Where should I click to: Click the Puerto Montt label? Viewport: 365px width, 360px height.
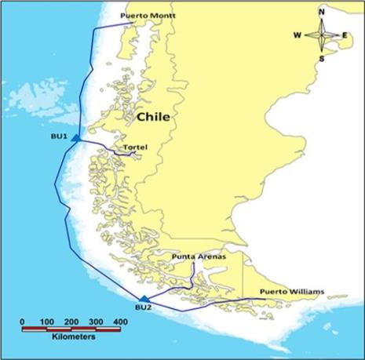(x=147, y=16)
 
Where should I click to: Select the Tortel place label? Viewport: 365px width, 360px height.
(x=136, y=146)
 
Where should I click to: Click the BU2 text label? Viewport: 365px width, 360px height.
(x=142, y=307)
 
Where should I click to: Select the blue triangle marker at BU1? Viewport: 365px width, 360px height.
(x=75, y=139)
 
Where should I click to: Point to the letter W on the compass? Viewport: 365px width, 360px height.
(x=297, y=35)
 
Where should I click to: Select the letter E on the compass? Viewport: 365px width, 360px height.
(x=345, y=35)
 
